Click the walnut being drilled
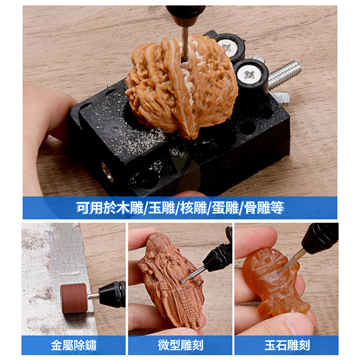point(181,87)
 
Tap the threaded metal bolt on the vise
point(284,74)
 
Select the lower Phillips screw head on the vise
point(249,74)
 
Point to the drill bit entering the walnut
point(185,44)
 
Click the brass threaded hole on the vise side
point(107,172)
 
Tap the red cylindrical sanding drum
point(74,298)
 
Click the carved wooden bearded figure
point(171,283)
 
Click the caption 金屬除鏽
point(73,345)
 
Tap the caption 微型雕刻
point(181,345)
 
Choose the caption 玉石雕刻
point(287,345)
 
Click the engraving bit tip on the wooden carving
point(183,281)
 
